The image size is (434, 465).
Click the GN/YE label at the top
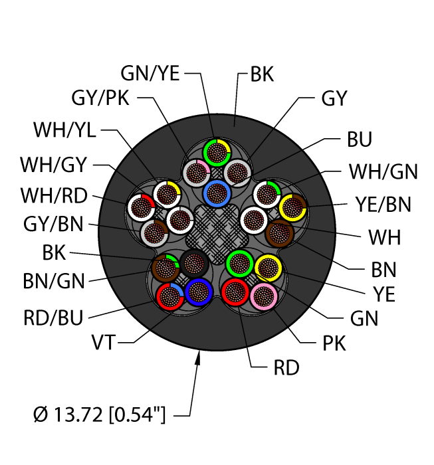coord(150,74)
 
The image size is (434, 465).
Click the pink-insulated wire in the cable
coord(265,296)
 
